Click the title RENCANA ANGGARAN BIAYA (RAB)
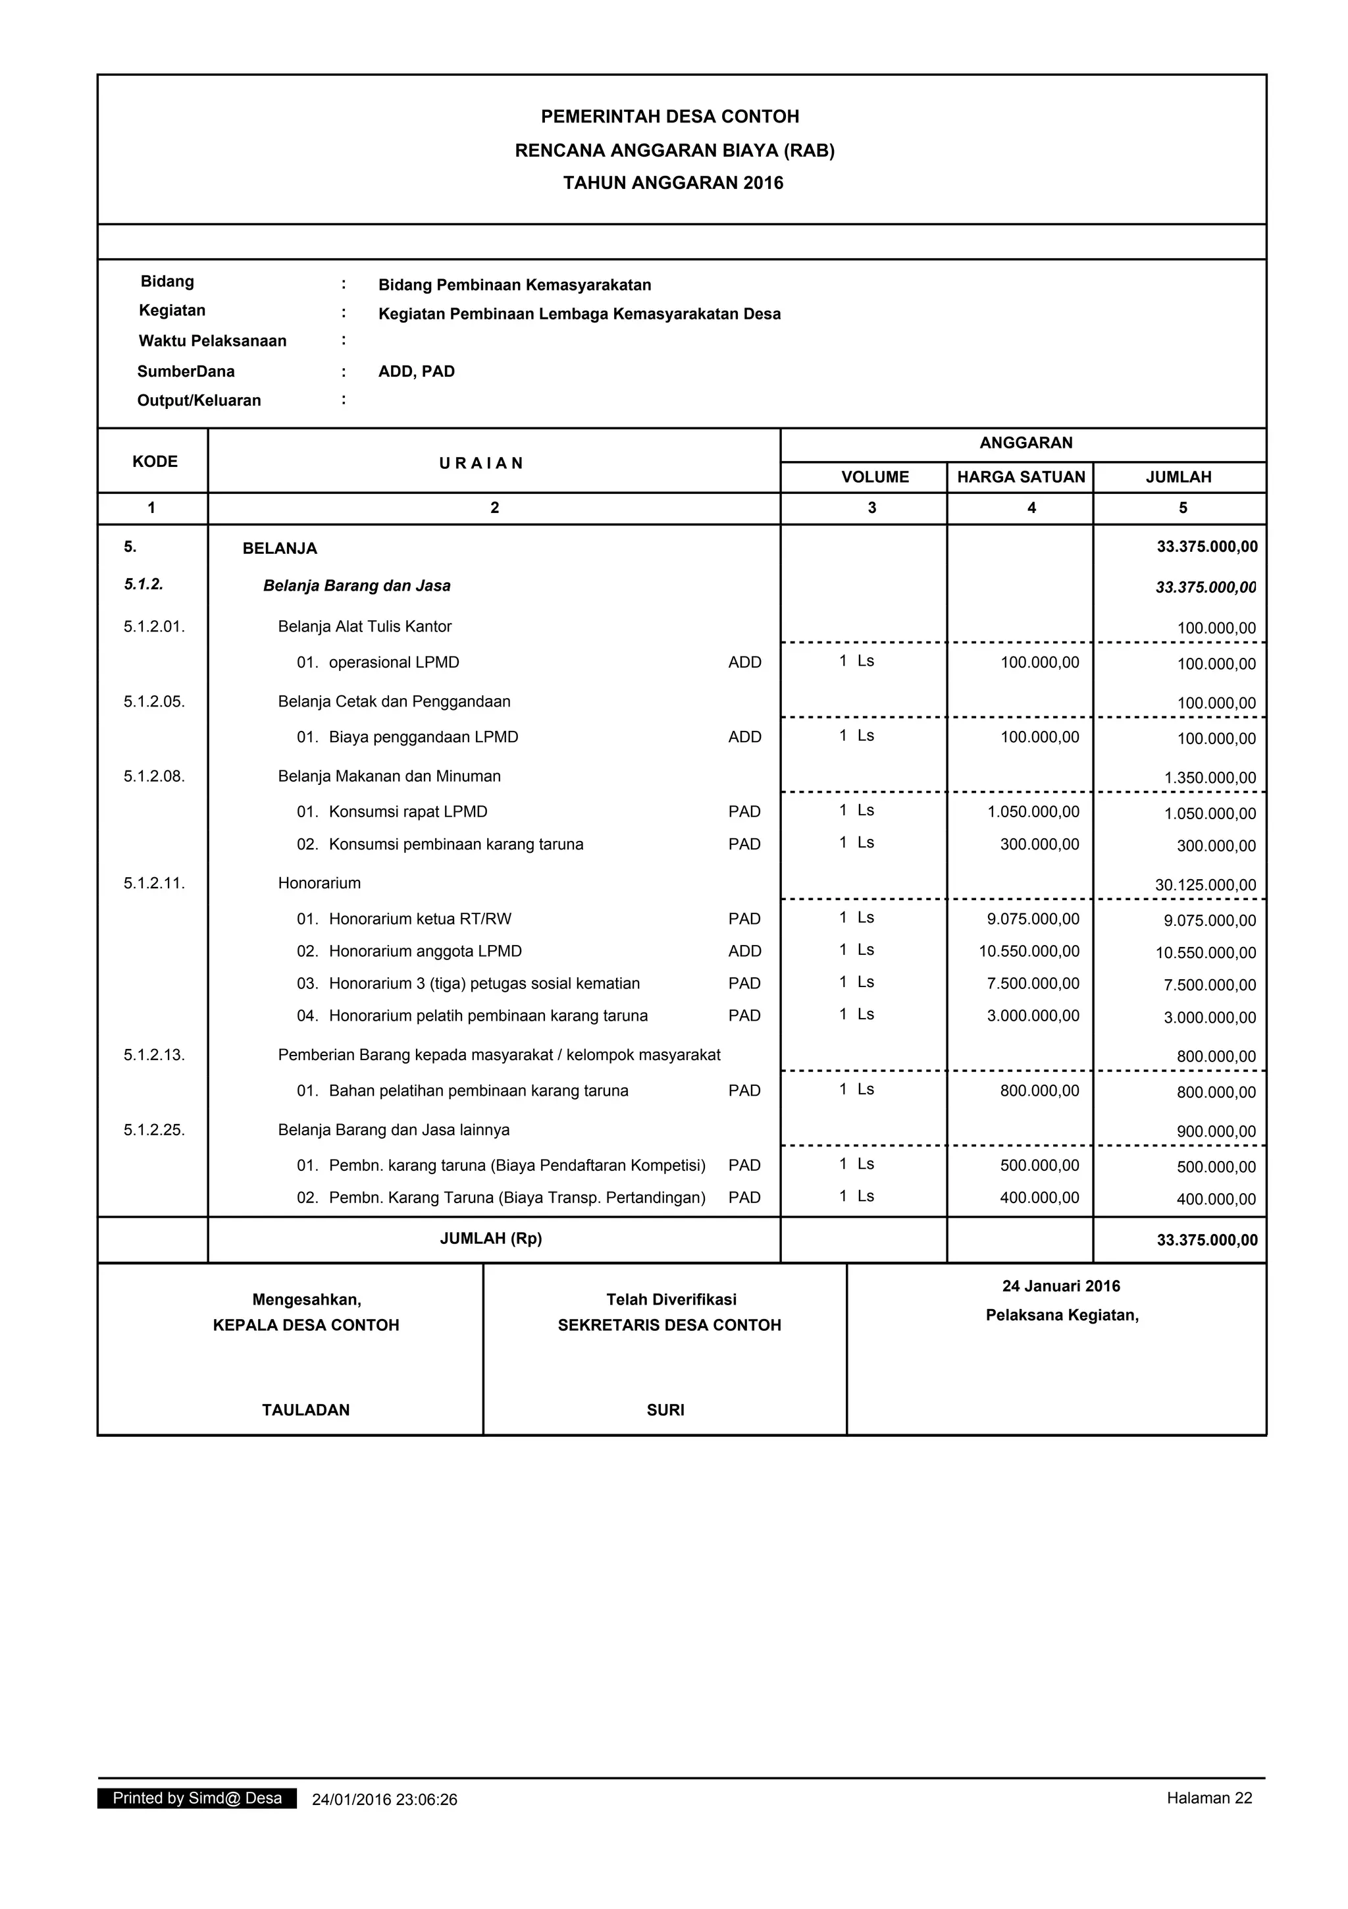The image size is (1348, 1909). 674,151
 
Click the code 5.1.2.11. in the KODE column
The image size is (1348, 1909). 155,884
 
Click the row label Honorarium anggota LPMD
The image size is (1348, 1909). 425,951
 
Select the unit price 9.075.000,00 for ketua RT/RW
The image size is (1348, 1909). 1033,919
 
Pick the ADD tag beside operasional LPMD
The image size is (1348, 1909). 744,662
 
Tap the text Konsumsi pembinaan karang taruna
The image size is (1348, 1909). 455,845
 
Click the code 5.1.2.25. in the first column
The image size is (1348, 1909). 155,1130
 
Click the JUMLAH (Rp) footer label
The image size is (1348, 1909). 490,1239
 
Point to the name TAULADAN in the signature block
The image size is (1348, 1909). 306,1410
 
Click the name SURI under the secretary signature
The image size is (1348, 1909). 665,1410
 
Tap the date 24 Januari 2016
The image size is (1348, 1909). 1060,1286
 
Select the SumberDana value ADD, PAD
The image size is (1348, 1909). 417,371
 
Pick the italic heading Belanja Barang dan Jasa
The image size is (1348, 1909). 357,586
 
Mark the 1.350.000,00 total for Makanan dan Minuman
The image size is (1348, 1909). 1209,778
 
